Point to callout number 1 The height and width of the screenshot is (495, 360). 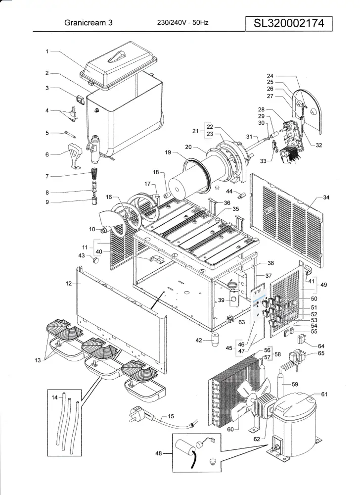(47, 51)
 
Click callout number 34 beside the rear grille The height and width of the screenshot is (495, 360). (326, 198)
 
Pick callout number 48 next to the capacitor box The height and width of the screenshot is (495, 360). (159, 452)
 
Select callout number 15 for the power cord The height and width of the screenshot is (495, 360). (171, 416)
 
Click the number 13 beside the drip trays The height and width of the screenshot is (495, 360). (38, 360)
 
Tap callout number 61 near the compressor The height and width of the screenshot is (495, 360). (324, 395)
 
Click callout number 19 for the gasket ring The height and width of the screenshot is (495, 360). (168, 153)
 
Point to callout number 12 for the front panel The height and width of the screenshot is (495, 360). (69, 284)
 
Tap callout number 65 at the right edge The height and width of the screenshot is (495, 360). (321, 353)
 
